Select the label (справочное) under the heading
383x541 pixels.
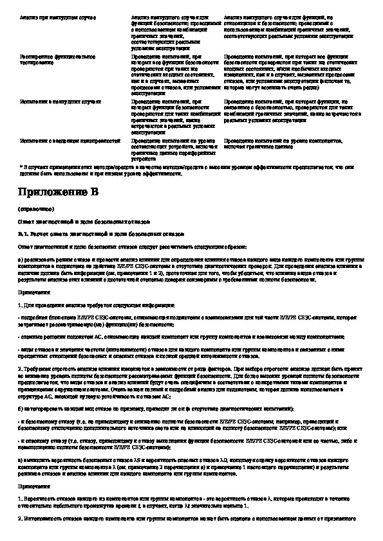click(x=31, y=209)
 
